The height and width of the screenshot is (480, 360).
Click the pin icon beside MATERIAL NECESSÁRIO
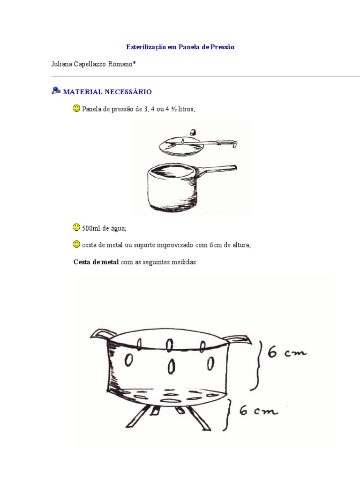click(x=56, y=90)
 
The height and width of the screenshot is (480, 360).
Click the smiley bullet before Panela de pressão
click(x=76, y=108)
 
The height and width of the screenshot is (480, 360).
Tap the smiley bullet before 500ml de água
click(x=76, y=227)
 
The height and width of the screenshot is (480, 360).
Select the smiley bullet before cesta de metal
click(x=76, y=244)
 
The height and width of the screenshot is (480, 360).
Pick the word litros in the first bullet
click(x=186, y=109)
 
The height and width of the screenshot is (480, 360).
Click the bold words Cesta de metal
click(x=96, y=262)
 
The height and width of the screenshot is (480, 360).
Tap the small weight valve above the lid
click(x=193, y=132)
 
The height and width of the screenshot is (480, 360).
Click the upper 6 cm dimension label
click(x=287, y=352)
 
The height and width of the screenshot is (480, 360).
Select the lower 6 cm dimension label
click(x=258, y=410)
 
